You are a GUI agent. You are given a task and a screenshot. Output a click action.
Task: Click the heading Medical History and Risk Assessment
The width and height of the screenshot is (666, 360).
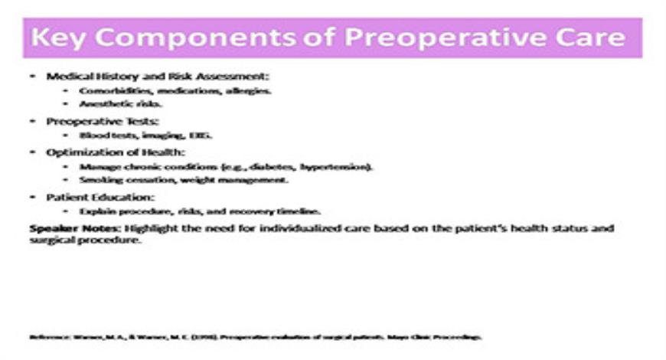[158, 77]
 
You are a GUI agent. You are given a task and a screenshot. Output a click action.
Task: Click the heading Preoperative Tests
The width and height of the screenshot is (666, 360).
[102, 122]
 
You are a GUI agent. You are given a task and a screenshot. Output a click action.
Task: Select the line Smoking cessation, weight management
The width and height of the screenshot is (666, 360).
[184, 180]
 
